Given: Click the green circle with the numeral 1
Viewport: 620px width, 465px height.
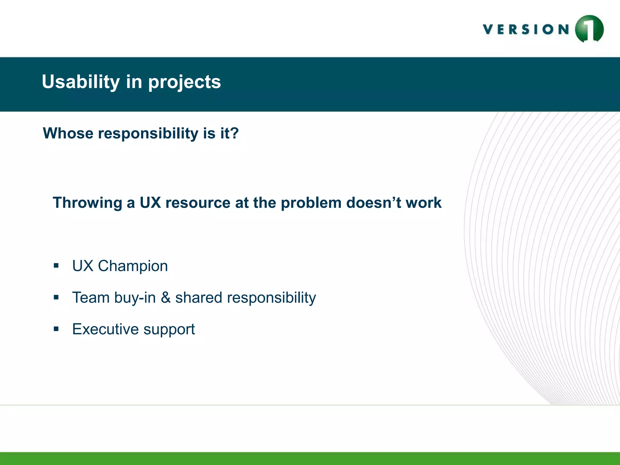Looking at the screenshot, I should coord(589,29).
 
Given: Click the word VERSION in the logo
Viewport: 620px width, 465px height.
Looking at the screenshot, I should coord(526,29).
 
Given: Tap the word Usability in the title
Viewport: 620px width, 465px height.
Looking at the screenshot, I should coord(81,82).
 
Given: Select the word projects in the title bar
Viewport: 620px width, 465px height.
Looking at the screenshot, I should coord(184,83).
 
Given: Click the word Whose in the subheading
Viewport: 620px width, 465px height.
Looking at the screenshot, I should coord(68,133).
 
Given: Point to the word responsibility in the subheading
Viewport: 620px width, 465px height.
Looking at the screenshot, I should coord(148,134).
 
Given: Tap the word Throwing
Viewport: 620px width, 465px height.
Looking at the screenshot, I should coord(87,203).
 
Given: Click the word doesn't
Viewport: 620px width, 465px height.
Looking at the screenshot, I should coord(374,203).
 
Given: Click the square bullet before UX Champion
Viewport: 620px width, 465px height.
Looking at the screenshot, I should coord(56,266).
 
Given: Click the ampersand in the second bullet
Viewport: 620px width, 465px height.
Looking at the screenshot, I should coord(165,298).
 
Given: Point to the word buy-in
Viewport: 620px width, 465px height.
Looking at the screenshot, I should coord(135,298).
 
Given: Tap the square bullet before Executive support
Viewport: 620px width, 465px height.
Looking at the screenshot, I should coord(56,329).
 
